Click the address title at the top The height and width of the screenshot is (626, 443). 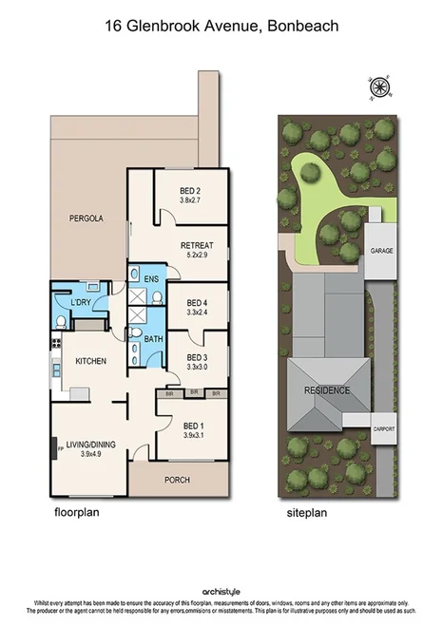(221, 28)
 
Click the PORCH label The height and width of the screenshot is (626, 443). (178, 479)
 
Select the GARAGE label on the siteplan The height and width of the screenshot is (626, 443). (382, 250)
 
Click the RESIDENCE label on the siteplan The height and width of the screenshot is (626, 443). (326, 389)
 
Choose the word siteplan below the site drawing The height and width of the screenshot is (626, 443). (307, 511)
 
